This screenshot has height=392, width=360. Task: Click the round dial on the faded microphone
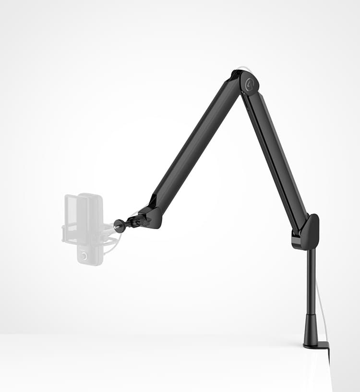84,256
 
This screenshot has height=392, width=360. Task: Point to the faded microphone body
90,226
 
